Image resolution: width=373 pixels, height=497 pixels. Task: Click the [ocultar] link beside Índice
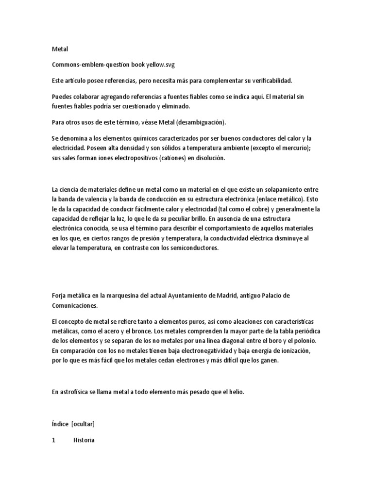[x=83, y=424]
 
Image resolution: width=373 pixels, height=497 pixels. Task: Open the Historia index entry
[x=84, y=441]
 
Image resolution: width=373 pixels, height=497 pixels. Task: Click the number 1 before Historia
[x=53, y=441]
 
